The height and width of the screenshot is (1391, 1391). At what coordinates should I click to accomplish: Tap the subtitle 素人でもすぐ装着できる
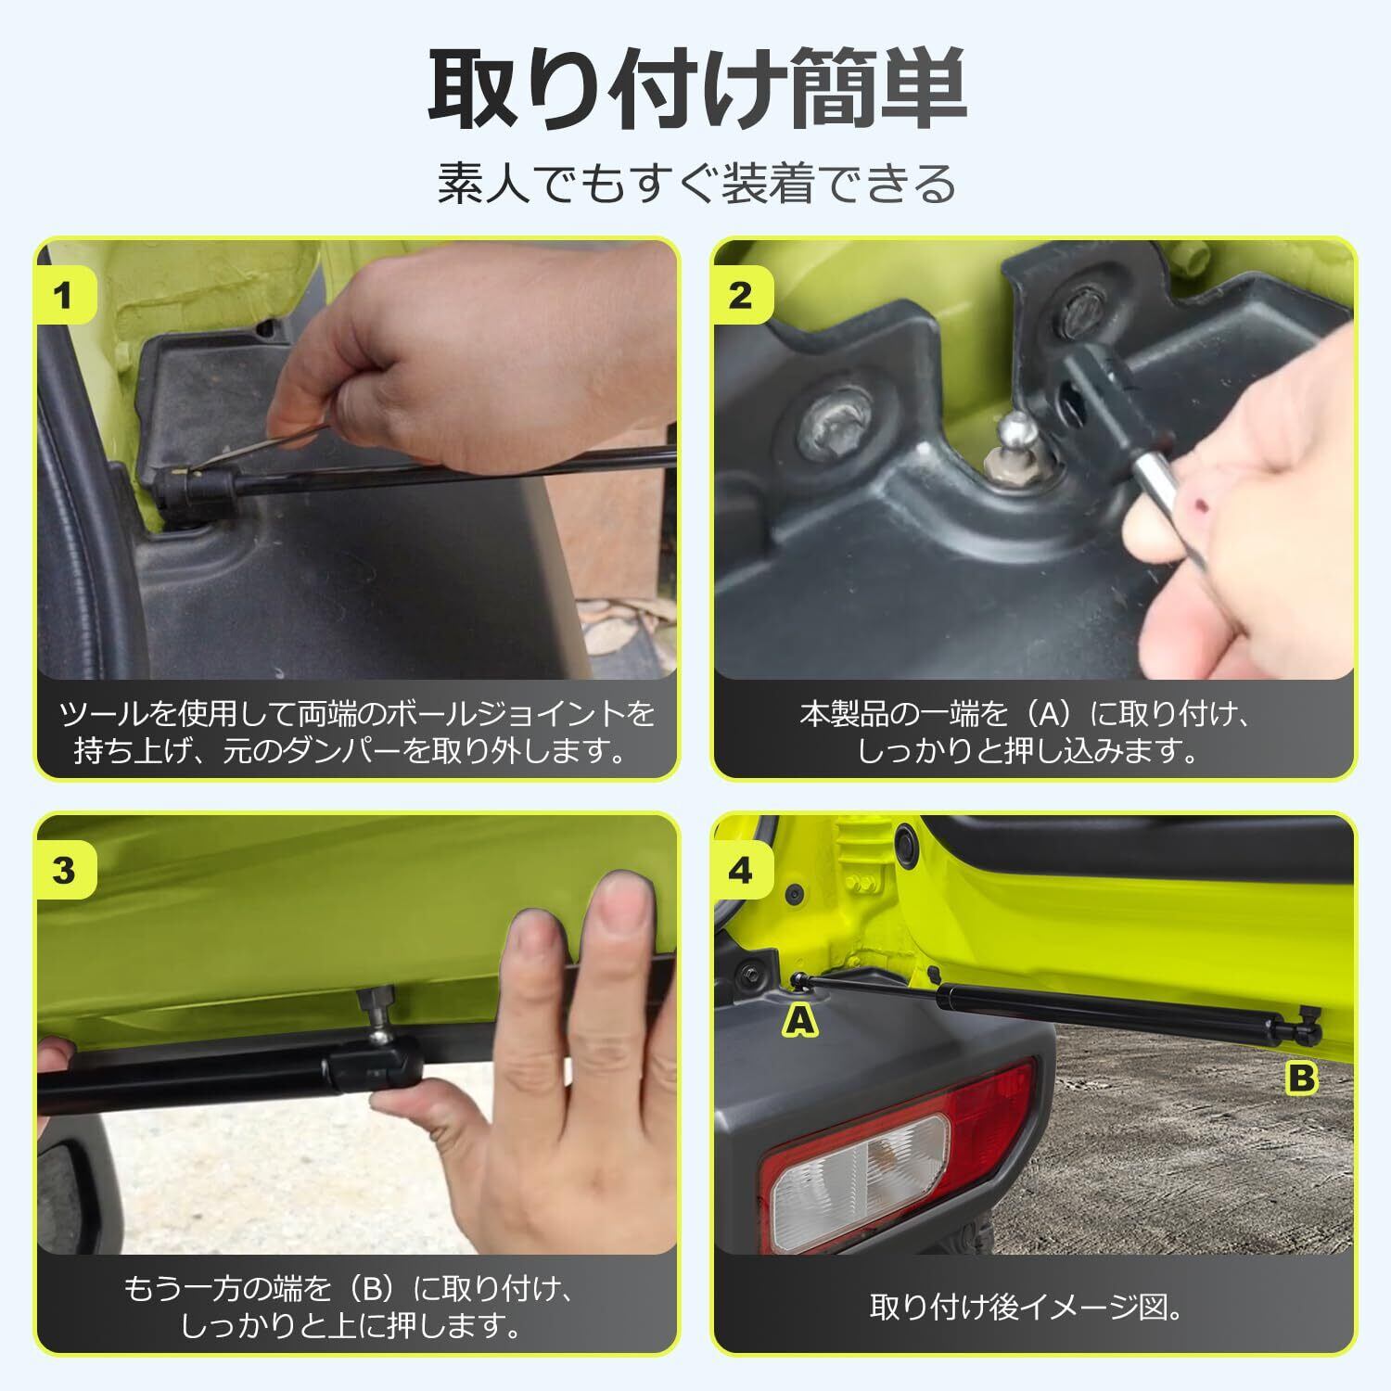coord(696,183)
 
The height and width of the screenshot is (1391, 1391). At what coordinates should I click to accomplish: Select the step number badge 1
coord(64,296)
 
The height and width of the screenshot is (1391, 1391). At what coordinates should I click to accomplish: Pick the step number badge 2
coord(741,296)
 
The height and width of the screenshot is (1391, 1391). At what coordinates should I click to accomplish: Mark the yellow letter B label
coord(1302,1078)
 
